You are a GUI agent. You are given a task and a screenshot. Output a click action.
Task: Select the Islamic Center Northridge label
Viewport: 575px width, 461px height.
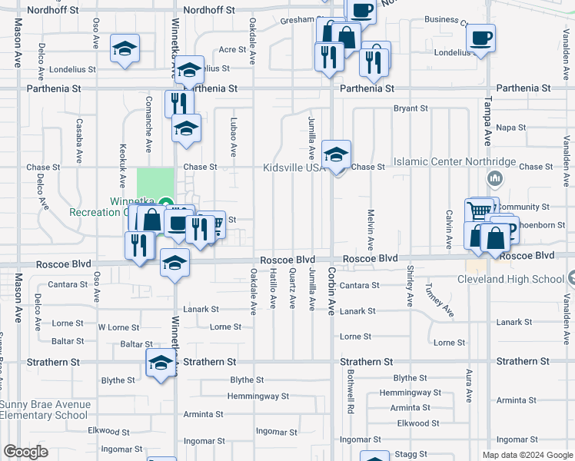coord(454,162)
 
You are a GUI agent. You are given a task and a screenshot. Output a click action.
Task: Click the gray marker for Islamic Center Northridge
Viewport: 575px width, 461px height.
coord(494,179)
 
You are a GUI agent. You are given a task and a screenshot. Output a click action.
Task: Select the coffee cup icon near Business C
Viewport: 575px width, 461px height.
coord(480,38)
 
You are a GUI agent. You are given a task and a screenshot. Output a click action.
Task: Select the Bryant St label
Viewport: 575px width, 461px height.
coord(410,109)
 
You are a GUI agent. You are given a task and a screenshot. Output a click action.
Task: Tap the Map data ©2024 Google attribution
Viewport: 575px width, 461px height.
coord(527,455)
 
